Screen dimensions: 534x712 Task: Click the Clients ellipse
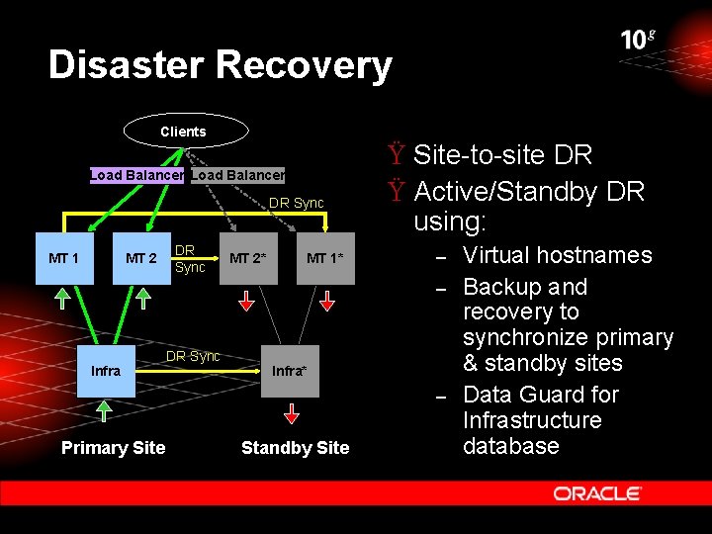tap(183, 132)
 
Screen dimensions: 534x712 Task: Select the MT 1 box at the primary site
tap(63, 259)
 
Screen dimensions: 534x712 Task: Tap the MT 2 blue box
tap(140, 259)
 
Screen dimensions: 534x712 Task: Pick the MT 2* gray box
tap(247, 259)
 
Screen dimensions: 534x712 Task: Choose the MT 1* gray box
tap(324, 259)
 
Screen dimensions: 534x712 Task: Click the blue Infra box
tap(106, 371)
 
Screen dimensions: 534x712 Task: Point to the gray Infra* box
tap(290, 371)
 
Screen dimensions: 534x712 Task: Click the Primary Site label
tap(113, 448)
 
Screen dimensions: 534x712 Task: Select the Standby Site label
tap(295, 448)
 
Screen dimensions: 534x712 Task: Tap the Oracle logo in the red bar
tap(597, 492)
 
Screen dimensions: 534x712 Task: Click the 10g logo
tap(638, 40)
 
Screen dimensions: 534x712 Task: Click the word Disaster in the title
tap(126, 65)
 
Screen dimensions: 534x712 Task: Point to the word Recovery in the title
tap(303, 65)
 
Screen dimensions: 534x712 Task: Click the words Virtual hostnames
tap(557, 255)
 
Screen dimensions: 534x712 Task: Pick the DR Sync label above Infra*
tap(193, 356)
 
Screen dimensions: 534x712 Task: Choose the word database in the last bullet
tap(511, 446)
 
